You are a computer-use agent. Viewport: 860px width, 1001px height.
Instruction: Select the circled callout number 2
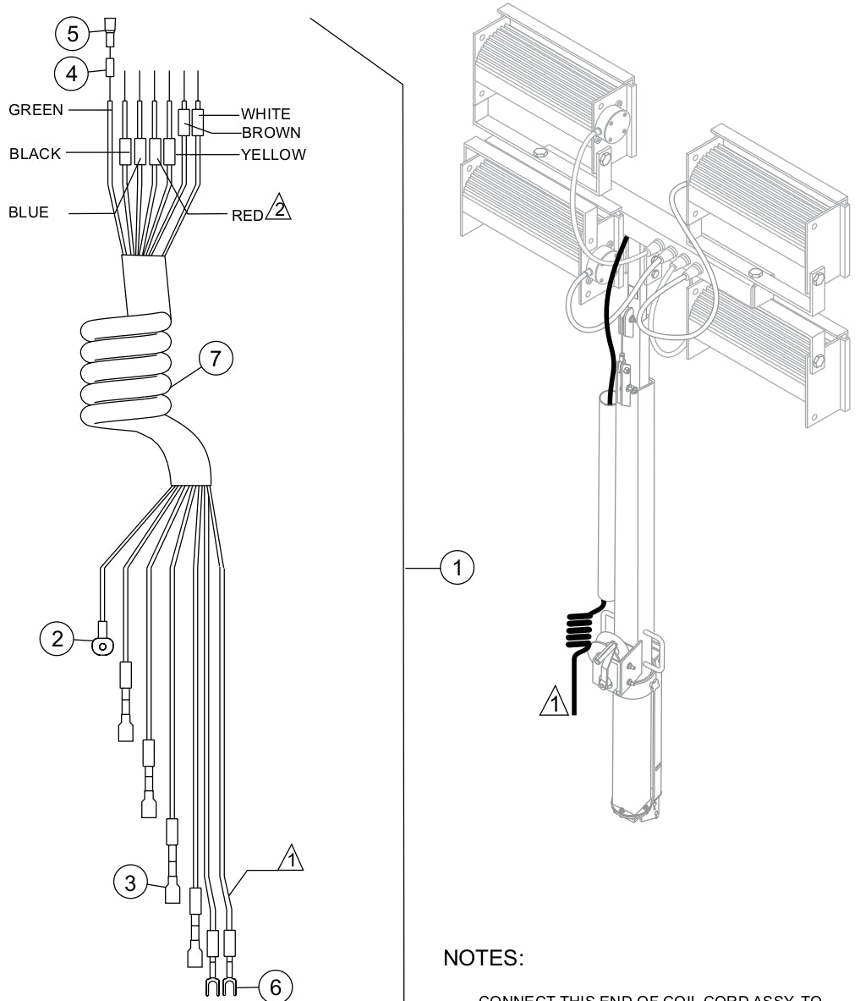[57, 640]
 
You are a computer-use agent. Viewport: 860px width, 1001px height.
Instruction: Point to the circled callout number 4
[71, 74]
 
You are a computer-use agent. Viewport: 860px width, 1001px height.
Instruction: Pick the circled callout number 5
[71, 35]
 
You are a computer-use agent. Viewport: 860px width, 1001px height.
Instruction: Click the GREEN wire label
[36, 110]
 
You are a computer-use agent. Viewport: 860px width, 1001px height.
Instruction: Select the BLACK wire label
[35, 153]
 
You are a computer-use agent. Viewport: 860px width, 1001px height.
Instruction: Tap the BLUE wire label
[28, 213]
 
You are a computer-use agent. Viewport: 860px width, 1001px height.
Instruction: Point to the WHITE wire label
[266, 113]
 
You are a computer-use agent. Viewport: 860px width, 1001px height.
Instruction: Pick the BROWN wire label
[271, 132]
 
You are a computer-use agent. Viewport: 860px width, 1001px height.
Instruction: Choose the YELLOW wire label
[272, 153]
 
